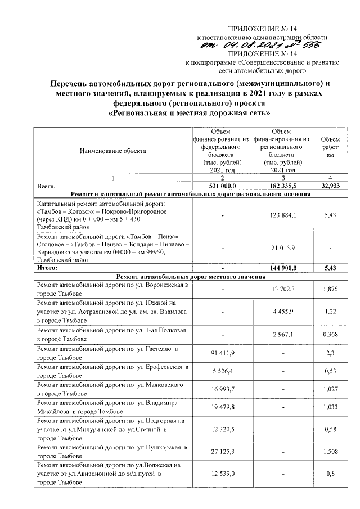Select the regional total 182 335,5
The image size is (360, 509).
282,184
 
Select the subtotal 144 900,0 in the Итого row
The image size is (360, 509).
282,269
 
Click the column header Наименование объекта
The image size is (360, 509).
112,151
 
